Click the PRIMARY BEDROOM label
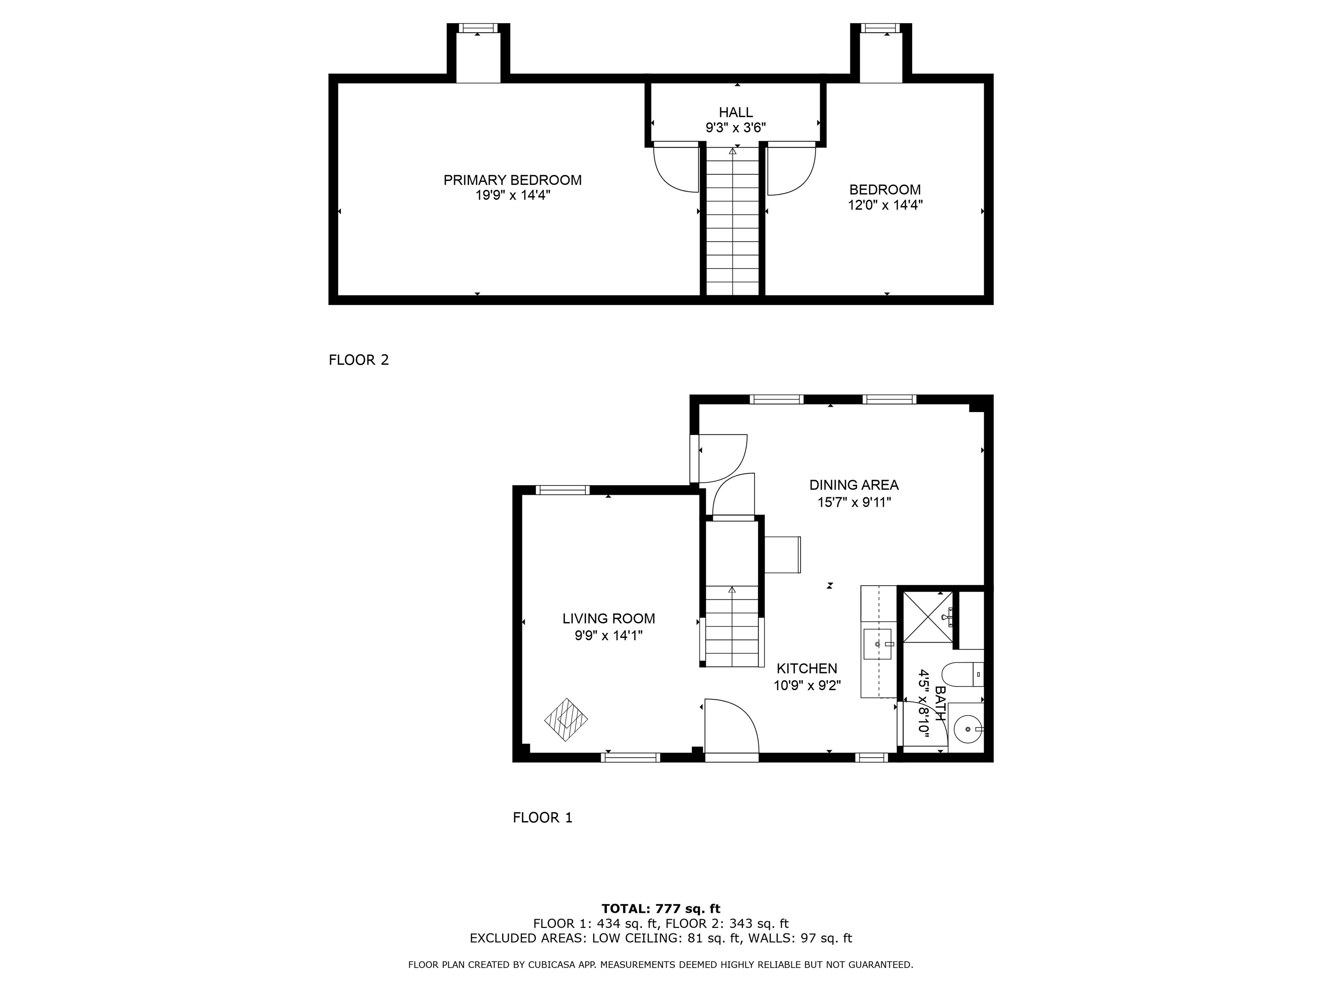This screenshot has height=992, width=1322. pos(512,180)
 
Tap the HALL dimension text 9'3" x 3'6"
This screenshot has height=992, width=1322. pos(736,127)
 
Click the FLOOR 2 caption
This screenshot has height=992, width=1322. pos(358,360)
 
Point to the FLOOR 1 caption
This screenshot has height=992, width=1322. pos(542,817)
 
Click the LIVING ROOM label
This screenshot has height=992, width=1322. pos(608,619)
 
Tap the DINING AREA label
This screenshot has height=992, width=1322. pos(853,485)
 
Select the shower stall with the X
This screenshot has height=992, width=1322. pos(927,617)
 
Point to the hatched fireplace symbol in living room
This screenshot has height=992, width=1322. pos(565,720)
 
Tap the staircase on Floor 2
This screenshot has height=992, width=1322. pos(733,221)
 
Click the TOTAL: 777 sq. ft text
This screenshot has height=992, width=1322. pos(661,909)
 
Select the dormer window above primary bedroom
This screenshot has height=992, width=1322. pos(478,28)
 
